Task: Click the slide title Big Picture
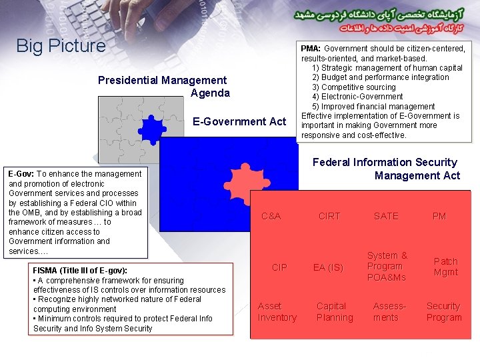[x=61, y=46]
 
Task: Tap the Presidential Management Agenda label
[x=163, y=87]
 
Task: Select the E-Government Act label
[x=239, y=121]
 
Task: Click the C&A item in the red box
[x=271, y=216]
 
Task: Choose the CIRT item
[x=329, y=216]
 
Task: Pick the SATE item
[x=386, y=216]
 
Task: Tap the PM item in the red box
[x=439, y=216]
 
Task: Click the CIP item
[x=279, y=267]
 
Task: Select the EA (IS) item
[x=329, y=267]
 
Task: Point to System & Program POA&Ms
[x=387, y=266]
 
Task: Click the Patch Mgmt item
[x=445, y=267]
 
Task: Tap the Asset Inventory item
[x=277, y=311]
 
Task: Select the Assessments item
[x=389, y=311]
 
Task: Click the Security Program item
[x=444, y=311]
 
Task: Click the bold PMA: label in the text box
[x=311, y=49]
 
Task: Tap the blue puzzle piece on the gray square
[x=153, y=129]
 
